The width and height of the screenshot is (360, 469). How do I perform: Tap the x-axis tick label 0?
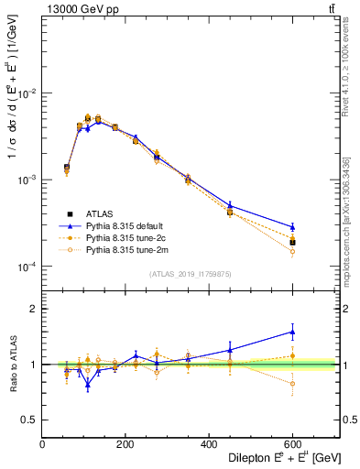tap(42, 444)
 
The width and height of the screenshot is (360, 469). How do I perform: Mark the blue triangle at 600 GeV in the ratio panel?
tap(292, 332)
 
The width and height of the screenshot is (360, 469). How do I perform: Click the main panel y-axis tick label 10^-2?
tap(27, 94)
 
